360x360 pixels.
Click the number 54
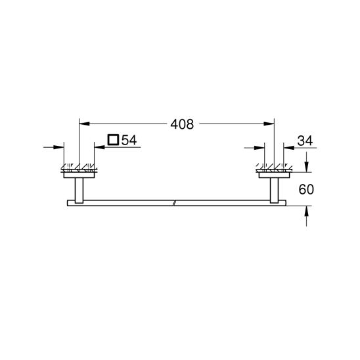tap(129, 139)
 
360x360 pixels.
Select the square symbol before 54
tap(113, 139)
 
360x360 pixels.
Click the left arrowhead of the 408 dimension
tap(83, 124)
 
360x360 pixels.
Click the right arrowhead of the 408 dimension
tap(269, 124)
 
